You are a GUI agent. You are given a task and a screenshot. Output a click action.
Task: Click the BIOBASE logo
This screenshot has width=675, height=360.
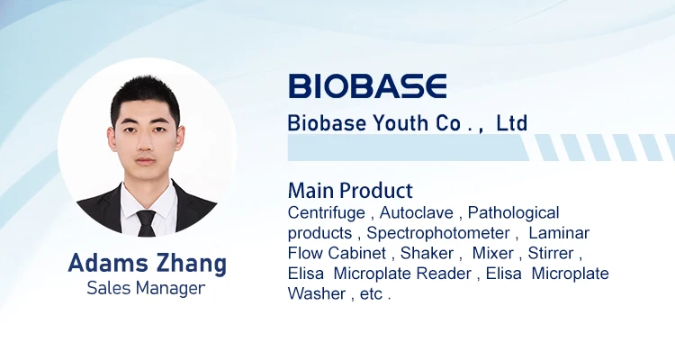coord(367,85)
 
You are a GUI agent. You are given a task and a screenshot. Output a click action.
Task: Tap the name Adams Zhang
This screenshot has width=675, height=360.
coord(148,264)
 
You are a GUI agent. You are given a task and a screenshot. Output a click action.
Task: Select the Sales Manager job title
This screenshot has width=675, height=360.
coord(146,288)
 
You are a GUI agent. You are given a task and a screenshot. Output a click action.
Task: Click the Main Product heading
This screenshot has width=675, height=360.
coord(350,191)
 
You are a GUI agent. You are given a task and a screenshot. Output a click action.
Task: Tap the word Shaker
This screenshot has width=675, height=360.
coord(427,253)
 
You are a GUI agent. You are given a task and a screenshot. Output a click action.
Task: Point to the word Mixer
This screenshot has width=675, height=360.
coord(492,253)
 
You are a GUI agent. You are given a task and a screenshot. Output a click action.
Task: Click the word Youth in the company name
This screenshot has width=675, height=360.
coord(391,123)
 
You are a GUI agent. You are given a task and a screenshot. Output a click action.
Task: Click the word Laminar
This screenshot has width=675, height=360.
coord(558,233)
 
